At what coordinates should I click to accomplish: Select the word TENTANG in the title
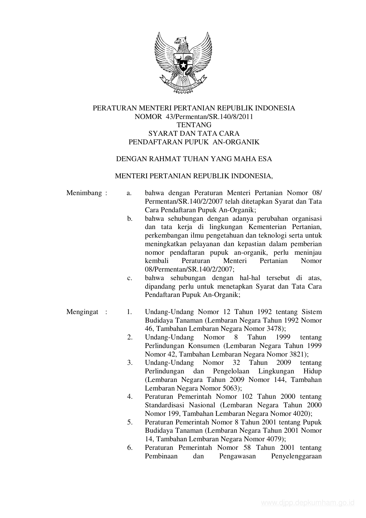click(x=194, y=125)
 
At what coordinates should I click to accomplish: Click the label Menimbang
click(x=84, y=193)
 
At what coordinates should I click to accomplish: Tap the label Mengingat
click(x=82, y=312)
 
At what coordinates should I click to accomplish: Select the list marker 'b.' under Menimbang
click(x=129, y=219)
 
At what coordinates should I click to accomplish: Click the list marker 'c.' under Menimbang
click(x=129, y=278)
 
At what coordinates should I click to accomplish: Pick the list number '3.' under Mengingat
click(x=130, y=362)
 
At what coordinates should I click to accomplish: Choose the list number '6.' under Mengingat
click(x=130, y=447)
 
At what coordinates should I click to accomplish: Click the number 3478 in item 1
click(x=276, y=329)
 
